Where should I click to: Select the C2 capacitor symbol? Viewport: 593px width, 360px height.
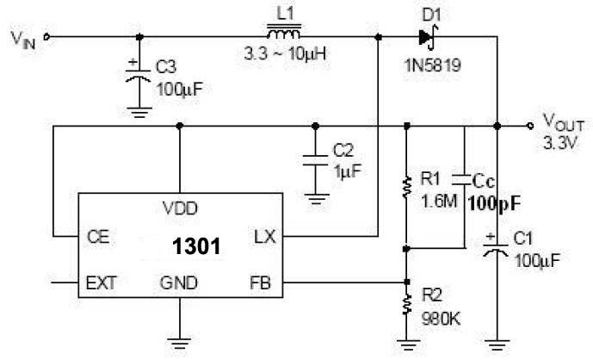(x=318, y=158)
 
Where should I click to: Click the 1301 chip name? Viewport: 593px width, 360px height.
(x=195, y=246)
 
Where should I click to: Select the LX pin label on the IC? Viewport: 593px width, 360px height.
(x=264, y=235)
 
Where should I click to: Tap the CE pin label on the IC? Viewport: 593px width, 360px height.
(x=96, y=235)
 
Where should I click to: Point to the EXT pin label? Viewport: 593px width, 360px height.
(x=100, y=282)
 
